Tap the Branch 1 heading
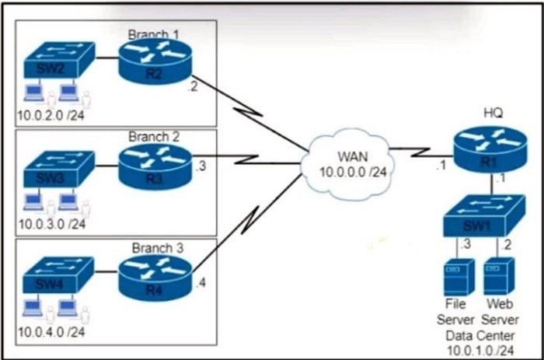tap(154, 33)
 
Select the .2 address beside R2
tap(192, 87)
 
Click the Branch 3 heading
tap(157, 249)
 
